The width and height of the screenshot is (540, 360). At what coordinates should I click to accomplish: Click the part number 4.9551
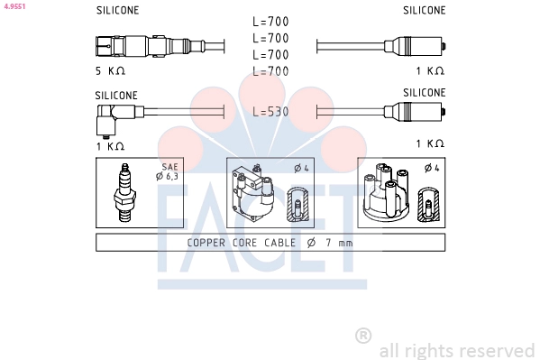(x=14, y=6)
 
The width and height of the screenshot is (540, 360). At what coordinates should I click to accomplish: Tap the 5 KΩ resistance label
(x=110, y=71)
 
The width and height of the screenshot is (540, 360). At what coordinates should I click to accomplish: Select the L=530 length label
(x=270, y=111)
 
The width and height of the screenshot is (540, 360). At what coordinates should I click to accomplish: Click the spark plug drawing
(x=124, y=192)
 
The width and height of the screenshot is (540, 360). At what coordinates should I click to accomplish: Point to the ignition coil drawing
(x=252, y=193)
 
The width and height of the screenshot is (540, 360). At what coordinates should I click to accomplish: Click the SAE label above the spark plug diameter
(x=169, y=167)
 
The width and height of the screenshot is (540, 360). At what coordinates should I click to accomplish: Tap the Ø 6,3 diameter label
(x=167, y=176)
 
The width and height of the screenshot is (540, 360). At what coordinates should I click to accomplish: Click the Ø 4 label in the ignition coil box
(x=302, y=169)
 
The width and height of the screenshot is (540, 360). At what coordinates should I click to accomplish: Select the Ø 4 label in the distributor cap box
(x=432, y=168)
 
